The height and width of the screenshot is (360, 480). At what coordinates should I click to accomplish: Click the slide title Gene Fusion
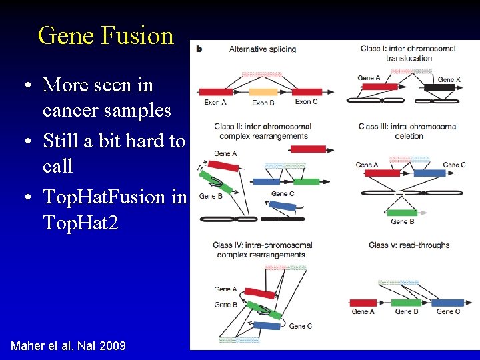coord(105,35)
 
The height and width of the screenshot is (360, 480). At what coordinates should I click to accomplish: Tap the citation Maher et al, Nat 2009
coord(68,345)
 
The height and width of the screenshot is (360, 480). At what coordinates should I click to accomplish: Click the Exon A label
coord(215,102)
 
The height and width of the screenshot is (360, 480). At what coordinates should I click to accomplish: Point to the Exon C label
coord(306,102)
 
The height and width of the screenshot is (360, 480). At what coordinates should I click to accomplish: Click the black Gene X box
coord(439,87)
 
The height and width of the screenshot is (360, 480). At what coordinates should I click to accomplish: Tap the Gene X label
coord(449,79)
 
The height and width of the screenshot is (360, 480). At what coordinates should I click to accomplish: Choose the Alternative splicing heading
coord(263,49)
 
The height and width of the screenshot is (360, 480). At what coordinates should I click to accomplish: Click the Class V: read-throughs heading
coord(409,245)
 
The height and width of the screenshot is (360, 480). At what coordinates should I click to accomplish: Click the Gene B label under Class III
coord(403,221)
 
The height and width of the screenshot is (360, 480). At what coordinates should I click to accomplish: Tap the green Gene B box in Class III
coord(402,213)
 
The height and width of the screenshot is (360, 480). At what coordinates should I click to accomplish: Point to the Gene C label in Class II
coord(283,194)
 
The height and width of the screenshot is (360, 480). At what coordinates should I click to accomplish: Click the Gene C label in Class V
coord(448,311)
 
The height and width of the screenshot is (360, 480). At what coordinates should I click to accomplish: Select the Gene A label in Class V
coord(363,311)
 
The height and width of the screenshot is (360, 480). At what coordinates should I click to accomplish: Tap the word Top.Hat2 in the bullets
coord(80,222)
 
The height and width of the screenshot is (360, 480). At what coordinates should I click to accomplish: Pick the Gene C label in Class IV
coord(301,326)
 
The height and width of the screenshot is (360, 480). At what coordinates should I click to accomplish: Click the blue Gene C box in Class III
coord(429,173)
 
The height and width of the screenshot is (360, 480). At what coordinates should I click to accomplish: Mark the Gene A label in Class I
coord(369,78)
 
